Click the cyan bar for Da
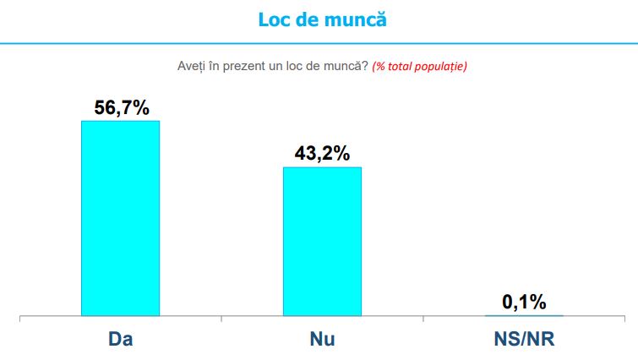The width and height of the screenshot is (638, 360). tap(120, 218)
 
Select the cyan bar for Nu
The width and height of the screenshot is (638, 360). tap(322, 242)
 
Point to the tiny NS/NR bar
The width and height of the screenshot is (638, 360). tap(524, 315)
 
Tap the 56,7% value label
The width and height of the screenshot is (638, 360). tap(120, 107)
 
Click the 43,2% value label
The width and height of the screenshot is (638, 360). tap(322, 154)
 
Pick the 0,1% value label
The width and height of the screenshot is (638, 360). tap(524, 302)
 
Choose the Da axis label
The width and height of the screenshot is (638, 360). tap(121, 340)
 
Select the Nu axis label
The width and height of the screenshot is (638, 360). tap(322, 340)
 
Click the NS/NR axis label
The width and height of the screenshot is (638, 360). tap(524, 340)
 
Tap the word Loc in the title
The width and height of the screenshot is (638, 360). tap(274, 19)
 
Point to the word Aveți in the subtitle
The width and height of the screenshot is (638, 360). tap(192, 66)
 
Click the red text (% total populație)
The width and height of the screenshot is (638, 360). tap(419, 66)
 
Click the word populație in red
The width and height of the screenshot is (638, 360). tap(442, 66)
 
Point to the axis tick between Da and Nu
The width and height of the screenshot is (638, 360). tap(221, 319)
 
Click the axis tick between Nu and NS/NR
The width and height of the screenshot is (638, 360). tap(423, 319)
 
